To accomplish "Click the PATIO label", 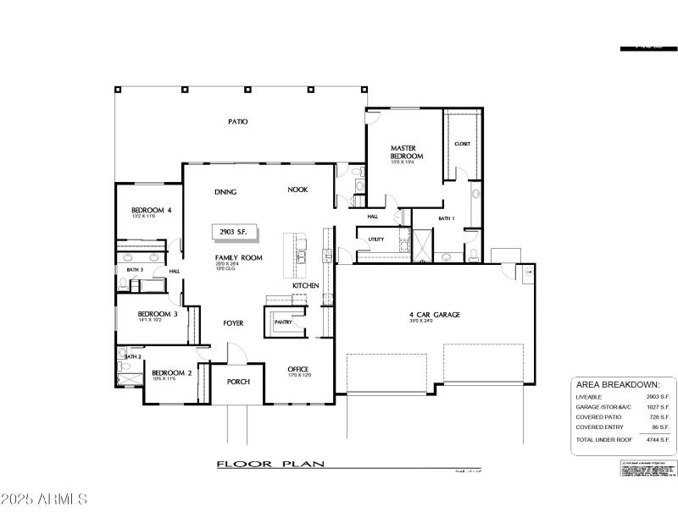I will [237, 122].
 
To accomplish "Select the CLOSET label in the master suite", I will [462, 144].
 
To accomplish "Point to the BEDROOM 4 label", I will [151, 210].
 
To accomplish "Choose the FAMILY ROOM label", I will [238, 257].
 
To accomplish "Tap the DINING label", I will [225, 191].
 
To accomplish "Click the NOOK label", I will [297, 190].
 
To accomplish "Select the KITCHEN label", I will [306, 286].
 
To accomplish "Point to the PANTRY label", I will [282, 322].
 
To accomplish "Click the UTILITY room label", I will [376, 239].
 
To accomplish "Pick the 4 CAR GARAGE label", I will [434, 315].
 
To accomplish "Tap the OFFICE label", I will [297, 369].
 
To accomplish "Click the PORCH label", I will [238, 382].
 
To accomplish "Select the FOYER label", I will [233, 323].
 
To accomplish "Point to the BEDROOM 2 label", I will [172, 372].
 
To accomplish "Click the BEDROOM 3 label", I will [158, 314].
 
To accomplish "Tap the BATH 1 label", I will [447, 218].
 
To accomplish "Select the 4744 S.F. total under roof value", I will [659, 440].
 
